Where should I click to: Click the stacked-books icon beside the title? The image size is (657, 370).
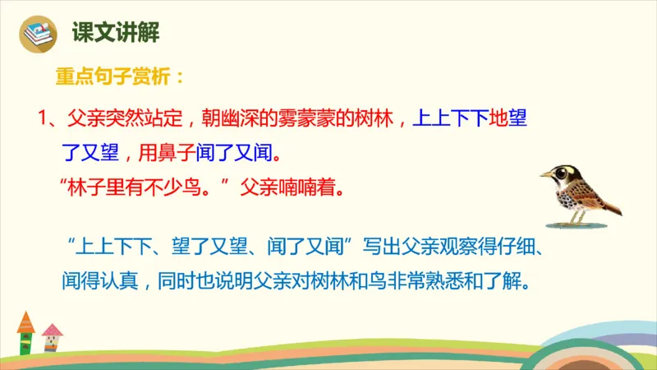tap(37, 34)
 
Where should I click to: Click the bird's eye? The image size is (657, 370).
tap(561, 173)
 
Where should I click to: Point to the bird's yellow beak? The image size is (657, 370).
tap(544, 174)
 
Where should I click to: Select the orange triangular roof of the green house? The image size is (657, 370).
tap(26, 321)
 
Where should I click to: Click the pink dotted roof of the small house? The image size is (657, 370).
tap(52, 330)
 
